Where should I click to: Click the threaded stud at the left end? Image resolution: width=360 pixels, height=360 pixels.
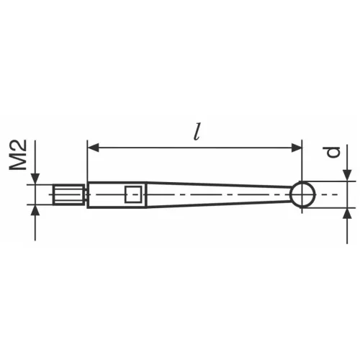pyautogui.click(x=70, y=194)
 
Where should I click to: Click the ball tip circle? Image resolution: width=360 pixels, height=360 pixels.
pyautogui.click(x=303, y=194)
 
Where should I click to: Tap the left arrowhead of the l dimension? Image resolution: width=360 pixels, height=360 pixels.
pyautogui.click(x=93, y=148)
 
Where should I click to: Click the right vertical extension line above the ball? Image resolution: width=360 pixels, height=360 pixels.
pyautogui.click(x=302, y=162)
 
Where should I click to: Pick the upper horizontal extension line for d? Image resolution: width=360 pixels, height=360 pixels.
pyautogui.click(x=331, y=181)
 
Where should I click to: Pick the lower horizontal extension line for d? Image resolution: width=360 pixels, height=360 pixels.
pyautogui.click(x=331, y=207)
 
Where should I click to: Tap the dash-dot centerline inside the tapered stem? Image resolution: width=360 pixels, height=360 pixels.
pyautogui.click(x=216, y=194)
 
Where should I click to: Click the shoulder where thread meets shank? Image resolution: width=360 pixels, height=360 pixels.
pyautogui.click(x=87, y=194)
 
